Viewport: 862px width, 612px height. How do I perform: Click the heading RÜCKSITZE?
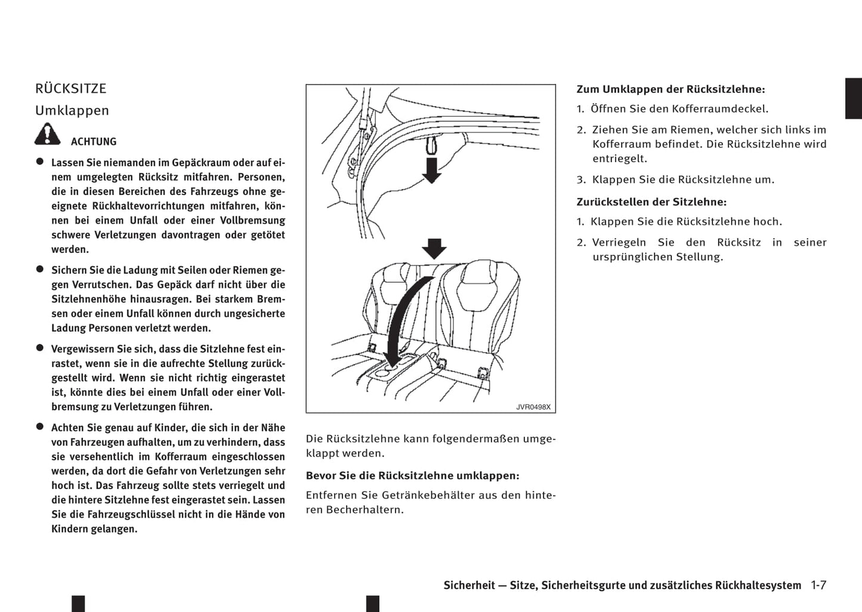pyautogui.click(x=70, y=89)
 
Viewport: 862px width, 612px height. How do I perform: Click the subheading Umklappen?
pyautogui.click(x=72, y=111)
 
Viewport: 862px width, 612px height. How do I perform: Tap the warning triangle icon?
pyautogui.click(x=47, y=134)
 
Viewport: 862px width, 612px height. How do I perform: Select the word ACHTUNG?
pyautogui.click(x=94, y=142)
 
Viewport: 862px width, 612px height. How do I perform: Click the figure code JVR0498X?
pyautogui.click(x=533, y=407)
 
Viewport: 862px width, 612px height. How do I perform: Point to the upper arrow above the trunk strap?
pyautogui.click(x=431, y=169)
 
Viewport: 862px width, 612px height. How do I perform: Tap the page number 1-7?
pyautogui.click(x=818, y=585)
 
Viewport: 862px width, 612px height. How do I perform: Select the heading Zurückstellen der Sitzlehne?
pyautogui.click(x=651, y=202)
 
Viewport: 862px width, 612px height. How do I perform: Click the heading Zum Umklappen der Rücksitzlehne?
pyautogui.click(x=671, y=89)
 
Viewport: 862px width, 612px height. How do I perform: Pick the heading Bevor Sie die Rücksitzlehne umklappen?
pyautogui.click(x=412, y=476)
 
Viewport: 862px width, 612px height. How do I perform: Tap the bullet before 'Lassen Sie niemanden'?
pyautogui.click(x=40, y=162)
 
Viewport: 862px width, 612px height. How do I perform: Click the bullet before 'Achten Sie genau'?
pyautogui.click(x=40, y=427)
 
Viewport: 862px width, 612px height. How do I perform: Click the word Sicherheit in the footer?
pyautogui.click(x=469, y=585)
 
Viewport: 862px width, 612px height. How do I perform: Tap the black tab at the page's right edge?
pyautogui.click(x=853, y=98)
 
